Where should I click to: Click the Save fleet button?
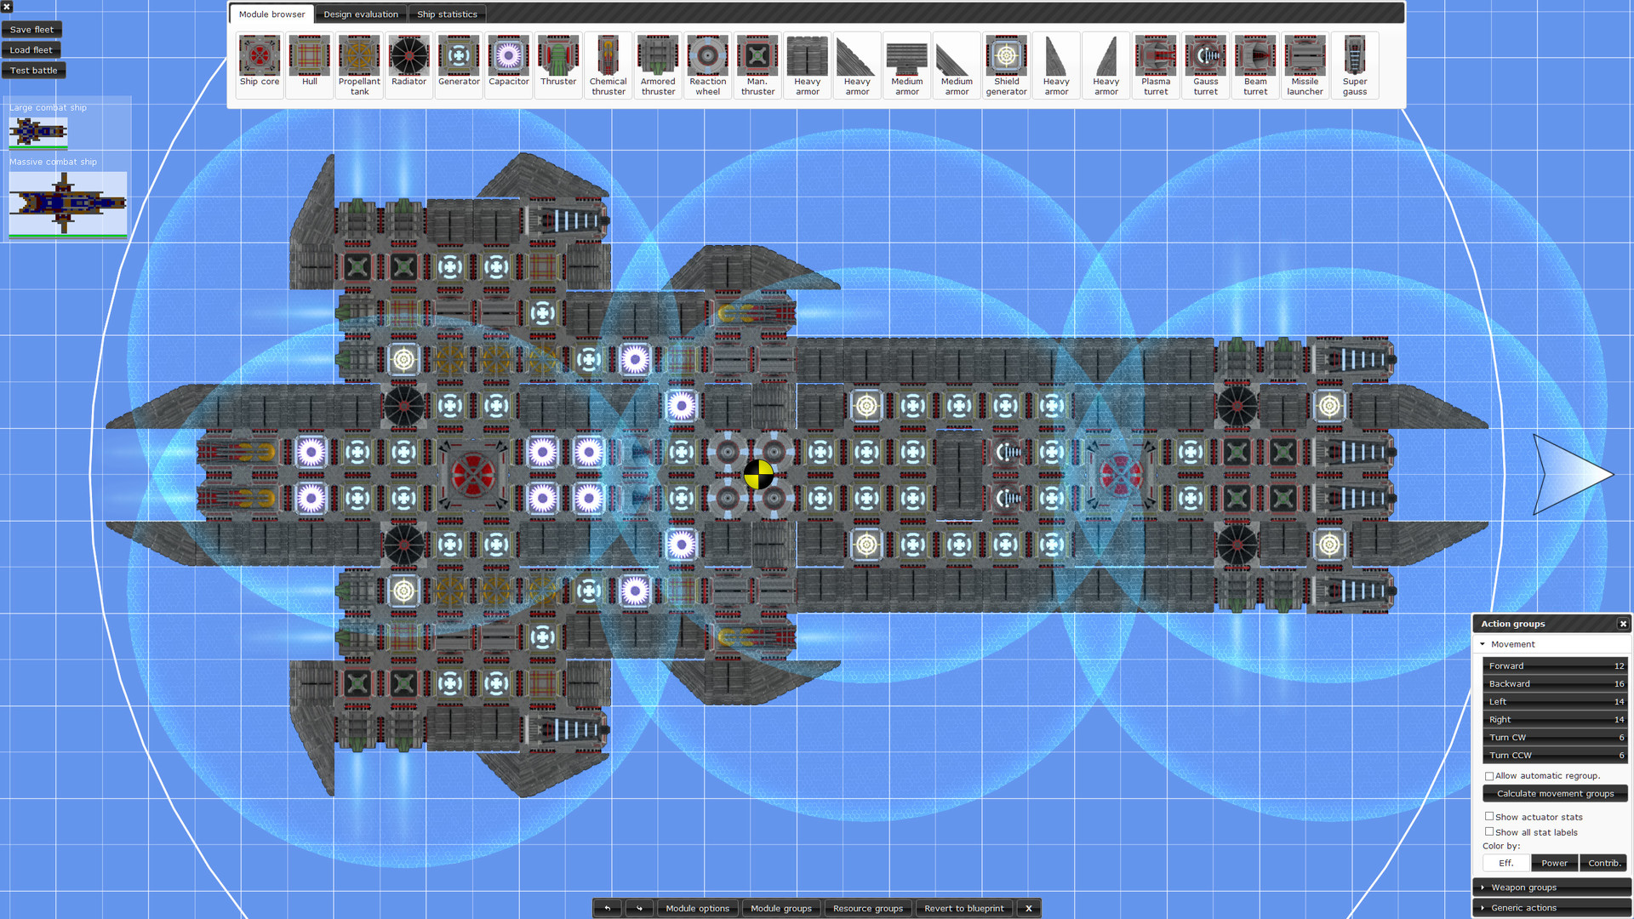click(x=31, y=30)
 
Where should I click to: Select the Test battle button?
click(x=33, y=71)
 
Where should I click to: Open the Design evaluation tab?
click(x=360, y=14)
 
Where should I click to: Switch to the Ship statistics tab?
click(x=447, y=14)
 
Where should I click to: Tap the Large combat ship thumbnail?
click(x=38, y=132)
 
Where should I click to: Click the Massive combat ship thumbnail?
click(x=67, y=204)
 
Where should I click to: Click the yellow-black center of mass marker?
click(x=758, y=475)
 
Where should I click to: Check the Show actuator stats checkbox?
click(x=1489, y=817)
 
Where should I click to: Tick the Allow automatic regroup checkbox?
click(x=1489, y=776)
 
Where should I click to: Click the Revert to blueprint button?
click(x=963, y=908)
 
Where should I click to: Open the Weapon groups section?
click(x=1523, y=888)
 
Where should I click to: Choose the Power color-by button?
click(x=1554, y=863)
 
